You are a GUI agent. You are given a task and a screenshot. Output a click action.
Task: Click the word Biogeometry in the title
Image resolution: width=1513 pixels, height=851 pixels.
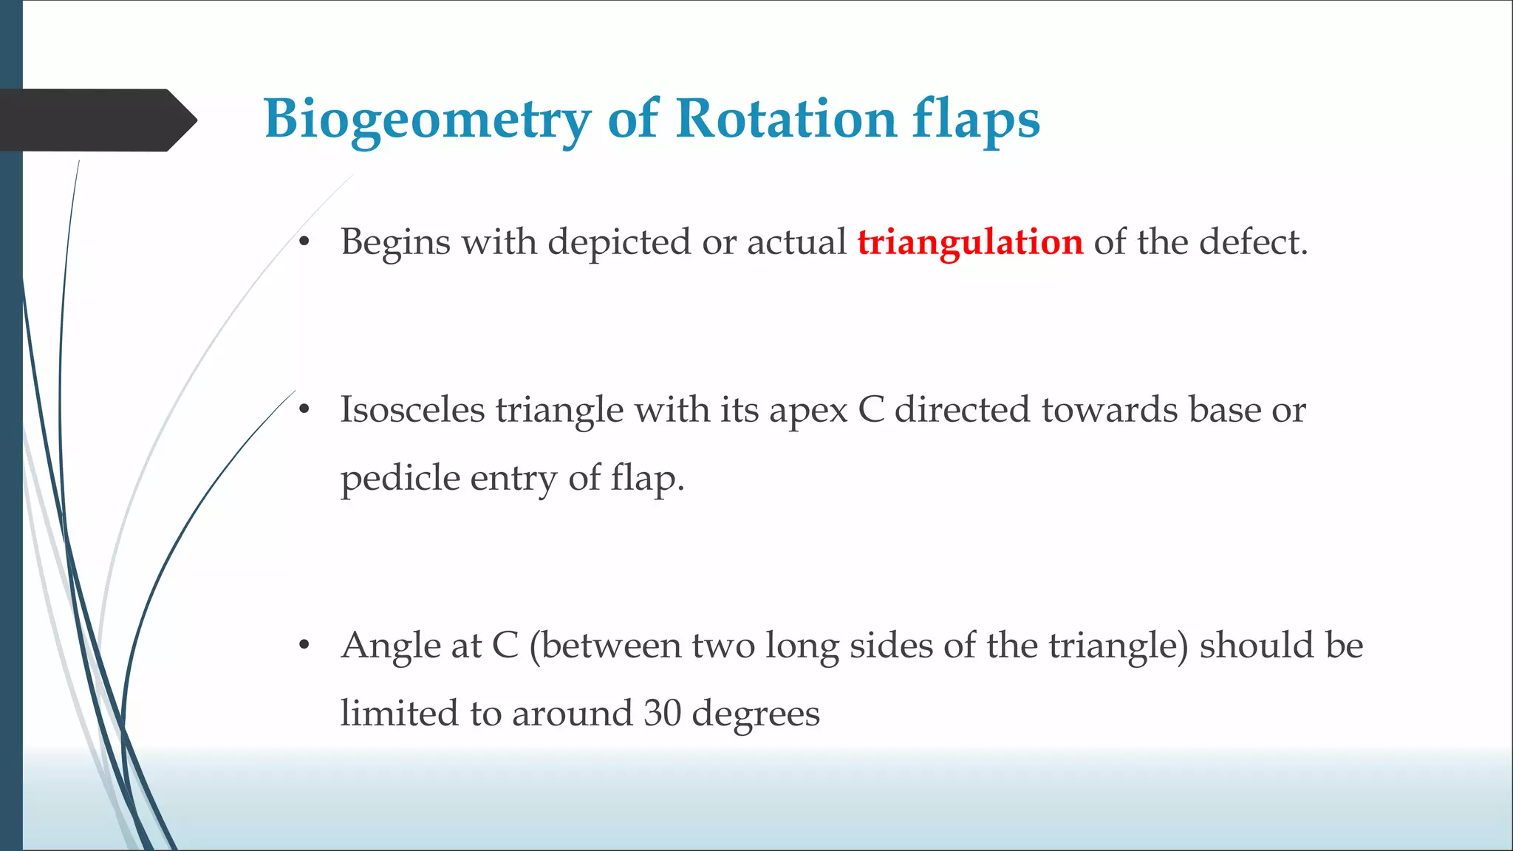coord(427,120)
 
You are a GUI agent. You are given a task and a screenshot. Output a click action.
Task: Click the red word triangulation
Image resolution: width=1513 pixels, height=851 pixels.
coord(970,242)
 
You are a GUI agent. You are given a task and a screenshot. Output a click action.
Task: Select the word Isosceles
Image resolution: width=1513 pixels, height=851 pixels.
coord(411,410)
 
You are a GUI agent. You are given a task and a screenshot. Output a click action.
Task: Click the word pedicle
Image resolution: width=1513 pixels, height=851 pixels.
coord(400,479)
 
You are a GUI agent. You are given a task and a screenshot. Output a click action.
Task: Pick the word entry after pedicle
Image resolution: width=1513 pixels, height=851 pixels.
coord(513,479)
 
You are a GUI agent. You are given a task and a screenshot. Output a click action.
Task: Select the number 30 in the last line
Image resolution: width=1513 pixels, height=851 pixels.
coord(662,714)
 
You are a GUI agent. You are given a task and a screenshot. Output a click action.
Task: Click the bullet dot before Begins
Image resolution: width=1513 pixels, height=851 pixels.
coord(304,242)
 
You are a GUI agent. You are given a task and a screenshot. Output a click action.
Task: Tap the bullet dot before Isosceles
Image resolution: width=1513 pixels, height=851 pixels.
coord(304,410)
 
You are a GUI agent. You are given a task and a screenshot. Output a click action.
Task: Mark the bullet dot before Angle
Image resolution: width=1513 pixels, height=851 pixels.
coord(304,646)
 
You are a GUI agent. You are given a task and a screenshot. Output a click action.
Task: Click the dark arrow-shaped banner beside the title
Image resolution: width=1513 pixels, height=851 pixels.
coord(96,120)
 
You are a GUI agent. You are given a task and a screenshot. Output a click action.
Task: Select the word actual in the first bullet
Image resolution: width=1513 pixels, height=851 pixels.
coord(796,242)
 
